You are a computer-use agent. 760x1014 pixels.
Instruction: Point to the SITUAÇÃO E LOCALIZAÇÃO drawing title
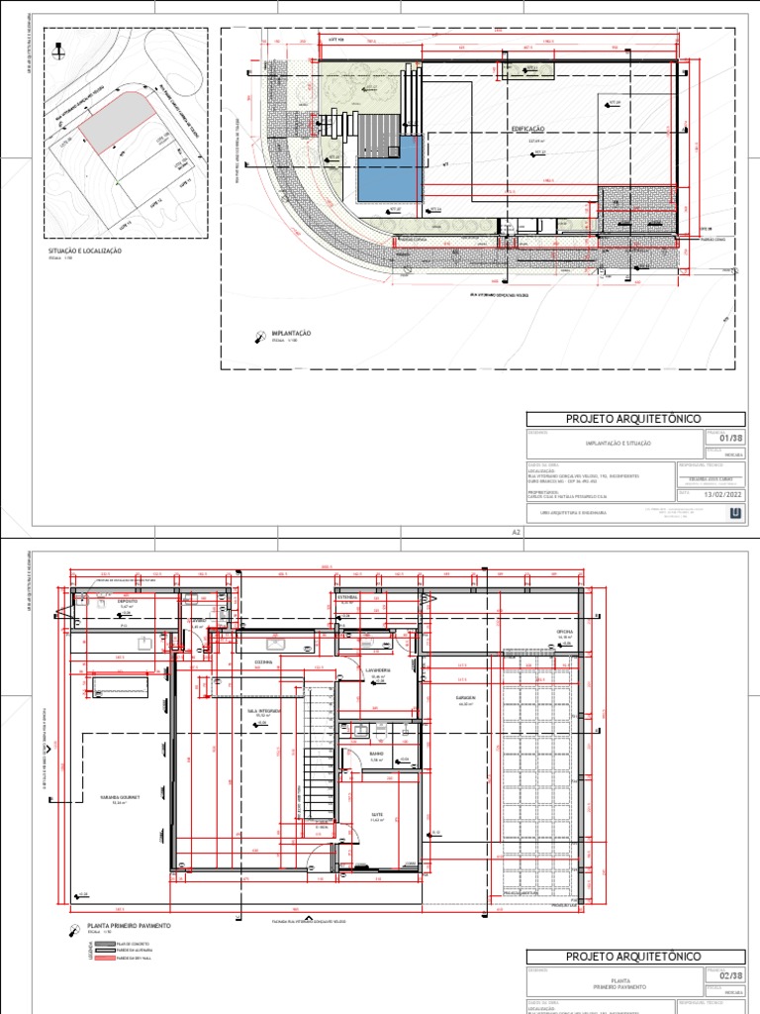pos(84,253)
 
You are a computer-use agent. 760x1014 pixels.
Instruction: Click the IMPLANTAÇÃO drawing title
pos(291,334)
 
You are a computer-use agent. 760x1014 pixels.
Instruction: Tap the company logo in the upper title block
pos(733,512)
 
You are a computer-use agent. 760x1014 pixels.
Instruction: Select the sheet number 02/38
pos(729,978)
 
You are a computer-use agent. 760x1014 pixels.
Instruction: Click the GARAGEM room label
pos(466,697)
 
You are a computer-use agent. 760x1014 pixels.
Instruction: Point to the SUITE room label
pos(376,815)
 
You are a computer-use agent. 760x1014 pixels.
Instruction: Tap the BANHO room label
pos(377,755)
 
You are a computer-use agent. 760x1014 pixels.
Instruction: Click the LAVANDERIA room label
pos(379,670)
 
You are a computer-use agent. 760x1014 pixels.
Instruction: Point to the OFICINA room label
pos(565,630)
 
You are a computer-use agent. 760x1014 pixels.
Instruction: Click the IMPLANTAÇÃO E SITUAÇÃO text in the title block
pos(617,444)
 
